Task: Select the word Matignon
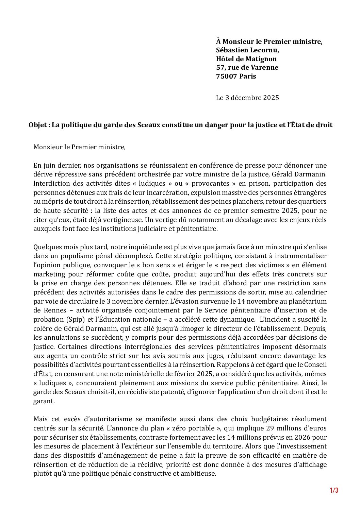coord(260,59)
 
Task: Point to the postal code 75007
coord(227,76)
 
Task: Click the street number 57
coord(220,67)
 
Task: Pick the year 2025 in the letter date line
coord(271,98)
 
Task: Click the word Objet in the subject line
coord(37,125)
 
